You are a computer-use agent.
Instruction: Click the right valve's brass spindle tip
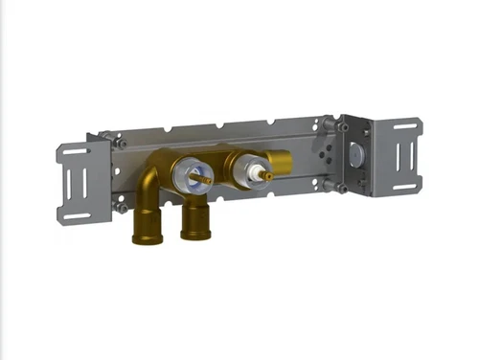click(x=268, y=175)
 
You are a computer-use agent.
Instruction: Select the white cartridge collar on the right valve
click(x=251, y=173)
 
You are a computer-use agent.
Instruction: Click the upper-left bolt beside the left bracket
click(x=120, y=143)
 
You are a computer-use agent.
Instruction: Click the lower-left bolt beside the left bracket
click(x=121, y=205)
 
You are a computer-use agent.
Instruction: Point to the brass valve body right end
click(x=284, y=164)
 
